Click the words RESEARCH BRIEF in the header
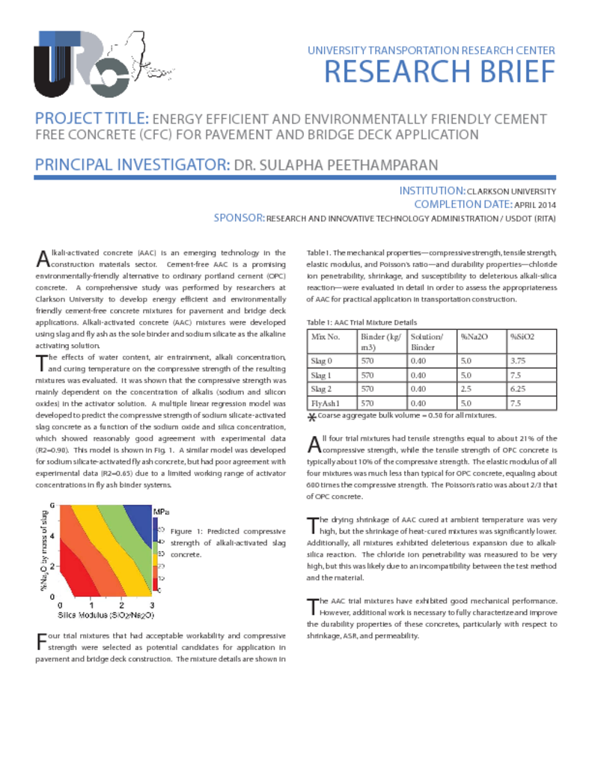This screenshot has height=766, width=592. click(x=439, y=73)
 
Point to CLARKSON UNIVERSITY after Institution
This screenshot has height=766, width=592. click(x=510, y=191)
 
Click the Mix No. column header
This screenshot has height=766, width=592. click(x=325, y=337)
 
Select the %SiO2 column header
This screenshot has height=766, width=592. click(x=522, y=337)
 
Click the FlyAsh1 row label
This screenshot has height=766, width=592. click(x=325, y=403)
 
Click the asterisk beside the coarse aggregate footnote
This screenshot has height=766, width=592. click(x=312, y=417)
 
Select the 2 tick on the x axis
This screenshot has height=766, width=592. click(x=121, y=604)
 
